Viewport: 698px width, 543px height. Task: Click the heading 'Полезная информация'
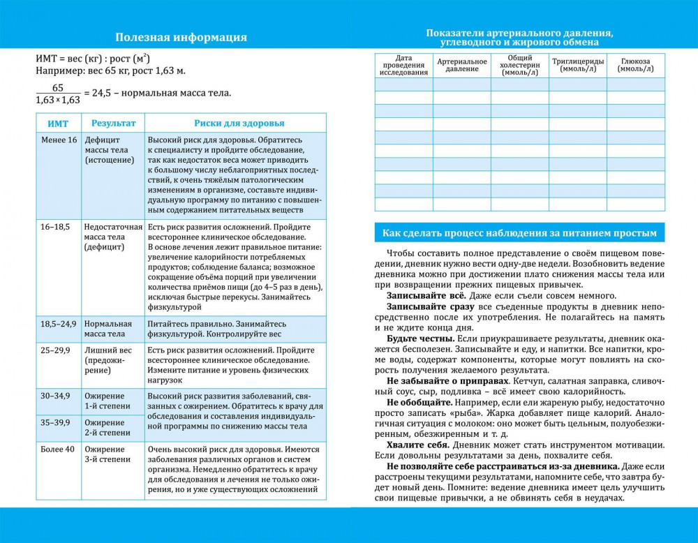[181, 38]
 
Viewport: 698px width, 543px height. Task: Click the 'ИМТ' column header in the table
[58, 124]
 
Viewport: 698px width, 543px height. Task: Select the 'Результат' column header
[113, 124]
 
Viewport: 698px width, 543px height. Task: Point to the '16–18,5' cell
[55, 227]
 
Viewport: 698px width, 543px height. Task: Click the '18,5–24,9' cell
[59, 324]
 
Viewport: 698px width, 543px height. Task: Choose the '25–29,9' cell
[55, 350]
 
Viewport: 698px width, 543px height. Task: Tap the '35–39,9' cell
[55, 422]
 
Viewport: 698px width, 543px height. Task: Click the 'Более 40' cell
[57, 449]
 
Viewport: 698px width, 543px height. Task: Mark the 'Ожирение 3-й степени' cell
[107, 454]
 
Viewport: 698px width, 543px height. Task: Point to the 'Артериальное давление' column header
[462, 66]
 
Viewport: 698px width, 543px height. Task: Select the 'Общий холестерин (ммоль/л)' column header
[520, 66]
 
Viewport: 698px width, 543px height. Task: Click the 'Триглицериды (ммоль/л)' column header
[578, 65]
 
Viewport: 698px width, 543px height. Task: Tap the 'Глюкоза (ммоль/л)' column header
[636, 65]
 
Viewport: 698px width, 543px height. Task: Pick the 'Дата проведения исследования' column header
[403, 66]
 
